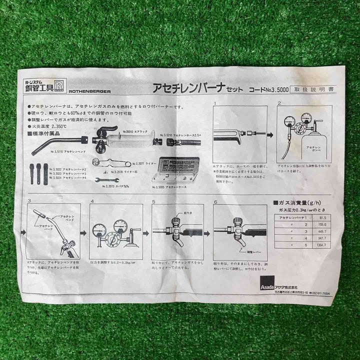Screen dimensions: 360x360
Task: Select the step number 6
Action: [215, 202]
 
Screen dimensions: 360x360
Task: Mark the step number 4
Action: [92, 202]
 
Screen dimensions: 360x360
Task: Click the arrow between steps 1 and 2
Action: [270, 135]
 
